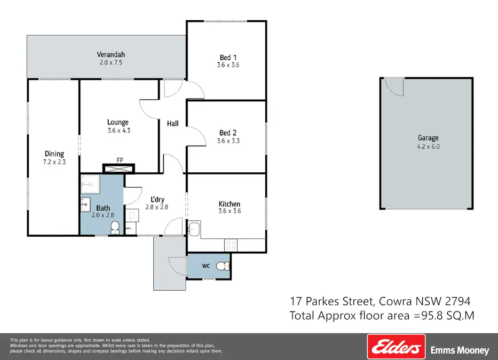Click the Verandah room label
click(x=110, y=54)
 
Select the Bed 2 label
click(x=228, y=133)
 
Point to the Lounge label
click(x=117, y=122)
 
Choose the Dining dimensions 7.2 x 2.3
click(x=54, y=162)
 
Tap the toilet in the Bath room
click(x=114, y=228)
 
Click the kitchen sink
click(x=194, y=230)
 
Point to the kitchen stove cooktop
click(x=231, y=245)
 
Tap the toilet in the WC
click(x=226, y=266)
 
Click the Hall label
click(x=173, y=124)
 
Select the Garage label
click(x=428, y=138)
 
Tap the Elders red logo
click(x=396, y=347)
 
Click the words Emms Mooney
click(x=460, y=350)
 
